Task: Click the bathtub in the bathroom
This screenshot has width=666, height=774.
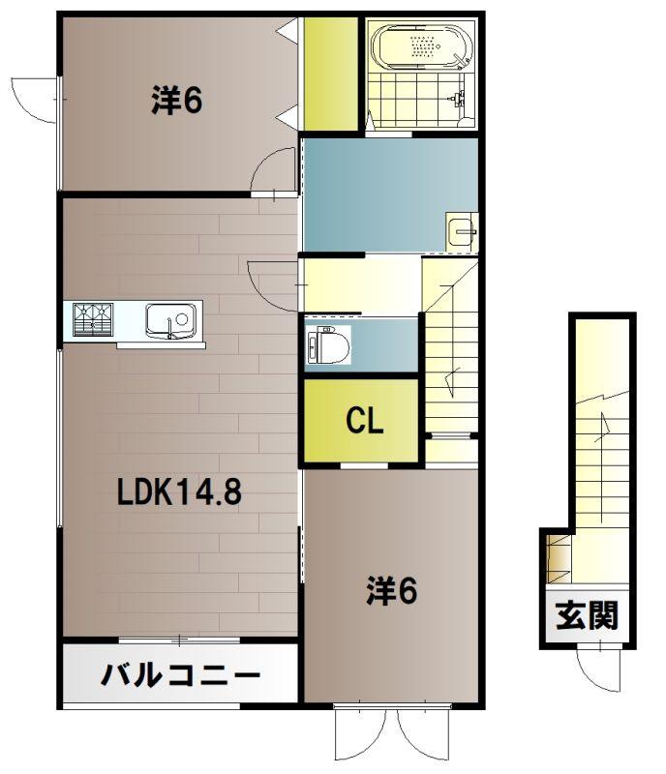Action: (419, 46)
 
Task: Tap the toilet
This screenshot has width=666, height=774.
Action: (328, 344)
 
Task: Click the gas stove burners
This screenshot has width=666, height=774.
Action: (93, 319)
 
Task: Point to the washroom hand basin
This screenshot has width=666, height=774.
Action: (462, 232)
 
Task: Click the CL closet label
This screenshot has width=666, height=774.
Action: (365, 421)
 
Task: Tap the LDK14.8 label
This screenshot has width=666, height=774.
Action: (179, 491)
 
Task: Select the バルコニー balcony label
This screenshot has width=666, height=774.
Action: (180, 674)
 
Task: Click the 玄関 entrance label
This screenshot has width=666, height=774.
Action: (587, 615)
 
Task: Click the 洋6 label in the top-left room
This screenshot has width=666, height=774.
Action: (176, 101)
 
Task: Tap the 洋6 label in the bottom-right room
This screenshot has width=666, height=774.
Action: (392, 590)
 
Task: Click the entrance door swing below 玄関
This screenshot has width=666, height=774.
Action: (598, 669)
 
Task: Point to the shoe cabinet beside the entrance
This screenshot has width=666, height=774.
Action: (559, 560)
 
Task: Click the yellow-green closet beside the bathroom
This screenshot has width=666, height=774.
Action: (330, 74)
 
